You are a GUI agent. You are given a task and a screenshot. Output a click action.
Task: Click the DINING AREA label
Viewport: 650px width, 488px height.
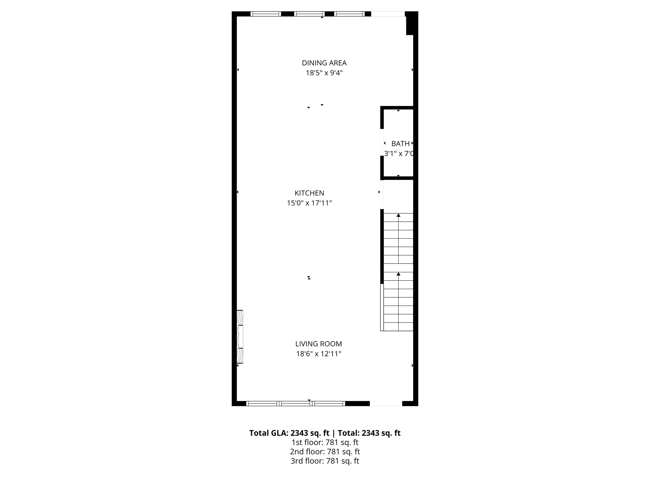point(324,63)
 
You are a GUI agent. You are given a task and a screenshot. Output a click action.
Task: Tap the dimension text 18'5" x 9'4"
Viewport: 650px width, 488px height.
point(324,73)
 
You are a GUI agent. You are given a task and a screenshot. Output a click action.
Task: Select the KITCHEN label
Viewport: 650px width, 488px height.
point(309,193)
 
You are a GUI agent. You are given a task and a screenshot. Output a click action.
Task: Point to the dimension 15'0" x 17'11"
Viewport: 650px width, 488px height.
point(309,203)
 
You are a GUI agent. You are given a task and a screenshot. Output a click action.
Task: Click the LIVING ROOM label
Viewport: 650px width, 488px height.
point(318,344)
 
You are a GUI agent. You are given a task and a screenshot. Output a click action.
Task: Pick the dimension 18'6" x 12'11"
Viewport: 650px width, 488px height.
point(318,354)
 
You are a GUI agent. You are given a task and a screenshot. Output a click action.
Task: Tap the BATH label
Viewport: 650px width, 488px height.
point(400,144)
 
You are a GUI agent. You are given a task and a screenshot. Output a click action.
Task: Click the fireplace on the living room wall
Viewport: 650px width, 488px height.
point(240,336)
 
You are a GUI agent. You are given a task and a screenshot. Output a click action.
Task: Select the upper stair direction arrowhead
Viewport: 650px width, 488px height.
point(398,215)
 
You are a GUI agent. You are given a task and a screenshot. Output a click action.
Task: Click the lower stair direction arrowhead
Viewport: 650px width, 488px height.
point(398,274)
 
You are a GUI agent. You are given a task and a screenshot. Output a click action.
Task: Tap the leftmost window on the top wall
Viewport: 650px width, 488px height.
point(266,14)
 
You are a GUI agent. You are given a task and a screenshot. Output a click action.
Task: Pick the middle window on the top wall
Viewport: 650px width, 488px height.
point(309,14)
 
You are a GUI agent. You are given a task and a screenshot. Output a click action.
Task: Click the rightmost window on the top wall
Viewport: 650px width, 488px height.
point(349,14)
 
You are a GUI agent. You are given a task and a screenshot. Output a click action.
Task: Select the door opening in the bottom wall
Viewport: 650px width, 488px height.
point(386,403)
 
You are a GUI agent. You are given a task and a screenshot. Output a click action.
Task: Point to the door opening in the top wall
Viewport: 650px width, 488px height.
point(388,14)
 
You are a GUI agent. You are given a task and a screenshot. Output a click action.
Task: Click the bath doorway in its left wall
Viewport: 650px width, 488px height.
point(382,142)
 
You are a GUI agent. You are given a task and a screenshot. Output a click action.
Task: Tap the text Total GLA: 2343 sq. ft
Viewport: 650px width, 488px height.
point(289,433)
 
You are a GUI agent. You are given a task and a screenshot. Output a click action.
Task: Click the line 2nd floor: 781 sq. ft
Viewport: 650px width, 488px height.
point(325,451)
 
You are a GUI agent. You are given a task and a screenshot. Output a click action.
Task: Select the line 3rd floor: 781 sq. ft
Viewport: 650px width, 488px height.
point(325,461)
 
